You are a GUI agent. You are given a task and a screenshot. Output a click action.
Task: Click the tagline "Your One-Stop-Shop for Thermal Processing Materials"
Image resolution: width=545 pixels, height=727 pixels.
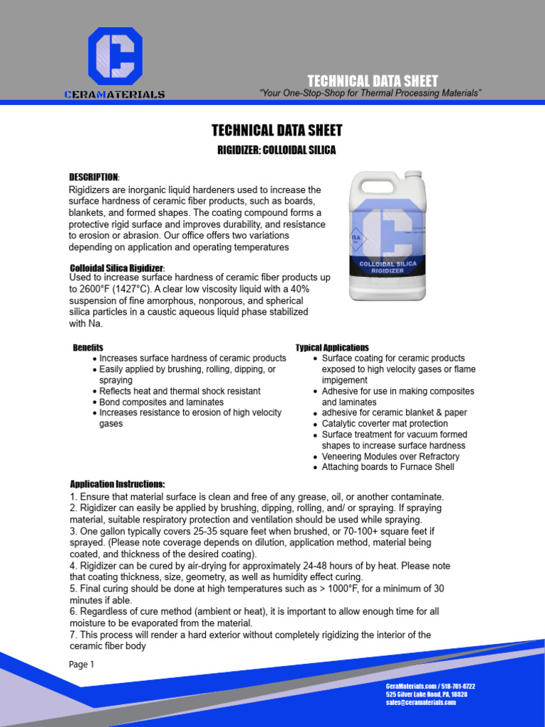[371, 94]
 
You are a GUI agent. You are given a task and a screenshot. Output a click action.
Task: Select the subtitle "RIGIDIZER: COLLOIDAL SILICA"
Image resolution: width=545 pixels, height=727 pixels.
[276, 151]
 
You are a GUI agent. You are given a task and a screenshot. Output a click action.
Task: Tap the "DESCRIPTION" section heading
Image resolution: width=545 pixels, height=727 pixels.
[94, 177]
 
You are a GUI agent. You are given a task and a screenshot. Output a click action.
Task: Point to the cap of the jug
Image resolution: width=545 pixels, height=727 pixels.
[413, 175]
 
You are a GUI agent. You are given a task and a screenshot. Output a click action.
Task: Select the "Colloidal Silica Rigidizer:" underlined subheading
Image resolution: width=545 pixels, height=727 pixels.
[117, 268]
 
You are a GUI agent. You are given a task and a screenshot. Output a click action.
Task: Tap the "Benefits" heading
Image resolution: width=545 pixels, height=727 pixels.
[88, 348]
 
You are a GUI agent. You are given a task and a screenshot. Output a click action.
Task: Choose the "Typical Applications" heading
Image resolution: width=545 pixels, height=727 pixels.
[332, 348]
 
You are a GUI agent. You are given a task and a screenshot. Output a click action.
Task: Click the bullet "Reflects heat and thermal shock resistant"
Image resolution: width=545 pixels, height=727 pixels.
[180, 391]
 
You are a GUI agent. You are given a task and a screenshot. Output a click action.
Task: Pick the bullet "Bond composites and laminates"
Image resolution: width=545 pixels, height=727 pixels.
[161, 402]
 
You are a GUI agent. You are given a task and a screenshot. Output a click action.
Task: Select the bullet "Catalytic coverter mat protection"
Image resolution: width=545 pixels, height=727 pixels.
[385, 424]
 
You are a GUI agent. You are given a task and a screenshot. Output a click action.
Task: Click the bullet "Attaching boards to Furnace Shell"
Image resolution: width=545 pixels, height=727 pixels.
[387, 467]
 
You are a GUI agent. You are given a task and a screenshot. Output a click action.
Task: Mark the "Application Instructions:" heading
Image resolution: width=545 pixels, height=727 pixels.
[117, 484]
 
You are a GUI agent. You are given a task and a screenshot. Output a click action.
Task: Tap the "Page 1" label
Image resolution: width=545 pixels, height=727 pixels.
[81, 665]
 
